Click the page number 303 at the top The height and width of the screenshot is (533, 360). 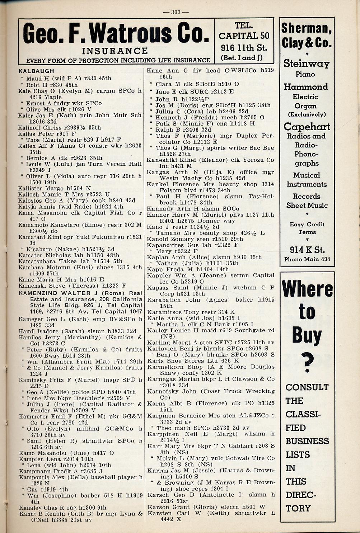pyautogui.click(x=176, y=12)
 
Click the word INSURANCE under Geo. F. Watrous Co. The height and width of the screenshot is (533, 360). pyautogui.click(x=115, y=51)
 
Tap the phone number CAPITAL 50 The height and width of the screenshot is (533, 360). pyautogui.click(x=244, y=36)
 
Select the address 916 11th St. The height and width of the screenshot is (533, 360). pyautogui.click(x=244, y=47)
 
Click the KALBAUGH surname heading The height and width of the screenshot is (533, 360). pyautogui.click(x=36, y=71)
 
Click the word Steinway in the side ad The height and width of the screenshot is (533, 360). pyautogui.click(x=306, y=63)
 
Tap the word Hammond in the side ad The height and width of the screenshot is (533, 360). pyautogui.click(x=306, y=87)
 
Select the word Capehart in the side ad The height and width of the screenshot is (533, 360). pyautogui.click(x=307, y=127)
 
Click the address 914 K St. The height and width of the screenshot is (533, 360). pyautogui.click(x=307, y=250)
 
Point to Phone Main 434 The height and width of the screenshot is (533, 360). pyautogui.click(x=307, y=259)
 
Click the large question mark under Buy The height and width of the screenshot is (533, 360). pyautogui.click(x=307, y=362)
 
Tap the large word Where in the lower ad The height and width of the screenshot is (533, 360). pyautogui.click(x=307, y=289)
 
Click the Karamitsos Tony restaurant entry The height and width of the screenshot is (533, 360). pyautogui.click(x=174, y=312)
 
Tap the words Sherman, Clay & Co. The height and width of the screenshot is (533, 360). pyautogui.click(x=306, y=35)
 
